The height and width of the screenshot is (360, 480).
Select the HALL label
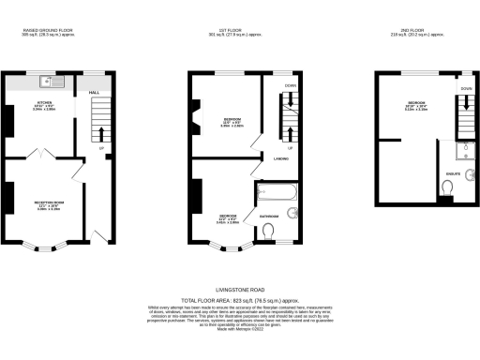94,93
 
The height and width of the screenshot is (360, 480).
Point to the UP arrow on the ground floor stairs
100,147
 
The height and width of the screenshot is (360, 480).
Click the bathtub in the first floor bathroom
276,193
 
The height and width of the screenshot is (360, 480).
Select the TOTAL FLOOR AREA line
239,298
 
